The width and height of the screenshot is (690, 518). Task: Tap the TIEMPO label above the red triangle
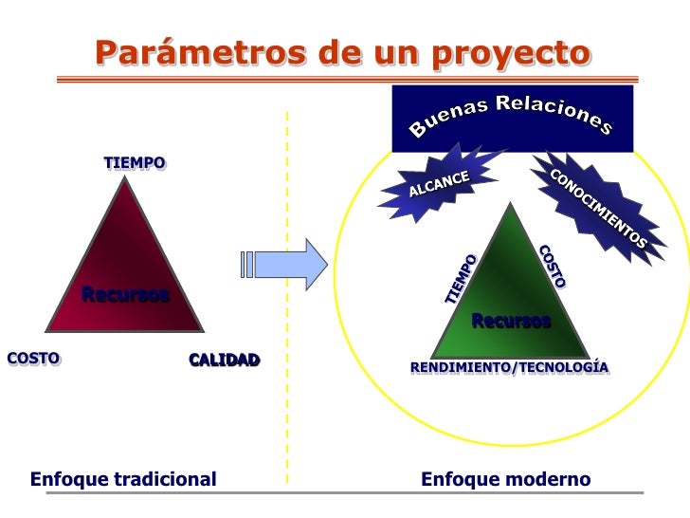point(135,163)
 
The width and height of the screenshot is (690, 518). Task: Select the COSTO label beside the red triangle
point(33,358)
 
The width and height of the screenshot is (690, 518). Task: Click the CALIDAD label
point(224,360)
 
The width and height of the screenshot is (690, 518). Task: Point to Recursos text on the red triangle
point(125,294)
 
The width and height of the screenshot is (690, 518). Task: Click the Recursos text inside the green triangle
point(511,322)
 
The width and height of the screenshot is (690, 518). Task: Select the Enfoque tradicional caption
point(123,479)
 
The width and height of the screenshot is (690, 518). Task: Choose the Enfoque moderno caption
point(505,479)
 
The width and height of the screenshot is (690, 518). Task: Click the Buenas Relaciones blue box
point(512,119)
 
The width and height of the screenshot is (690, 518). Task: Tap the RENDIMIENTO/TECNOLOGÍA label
point(509,367)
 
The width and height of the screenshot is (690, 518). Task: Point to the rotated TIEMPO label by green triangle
point(461,279)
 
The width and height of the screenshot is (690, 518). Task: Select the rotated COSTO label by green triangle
point(552,266)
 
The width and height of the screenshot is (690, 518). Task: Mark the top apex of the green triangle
point(510,205)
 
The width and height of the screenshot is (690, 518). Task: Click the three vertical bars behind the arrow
point(247,264)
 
